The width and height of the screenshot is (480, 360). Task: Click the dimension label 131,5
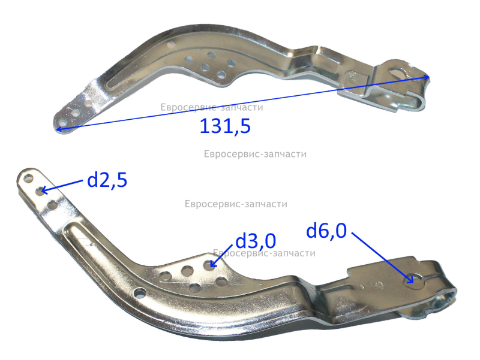click(x=225, y=126)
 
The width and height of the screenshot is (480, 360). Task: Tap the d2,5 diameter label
click(x=107, y=180)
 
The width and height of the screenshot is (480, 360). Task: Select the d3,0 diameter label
click(x=256, y=241)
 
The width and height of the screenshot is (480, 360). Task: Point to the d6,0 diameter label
click(x=326, y=231)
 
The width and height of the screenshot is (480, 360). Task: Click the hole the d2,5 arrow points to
click(x=40, y=191)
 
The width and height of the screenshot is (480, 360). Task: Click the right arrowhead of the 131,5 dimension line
click(x=427, y=77)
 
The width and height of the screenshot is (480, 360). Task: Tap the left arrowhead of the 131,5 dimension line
click(x=59, y=130)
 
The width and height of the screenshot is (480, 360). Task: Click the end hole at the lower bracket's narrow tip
click(x=28, y=179)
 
